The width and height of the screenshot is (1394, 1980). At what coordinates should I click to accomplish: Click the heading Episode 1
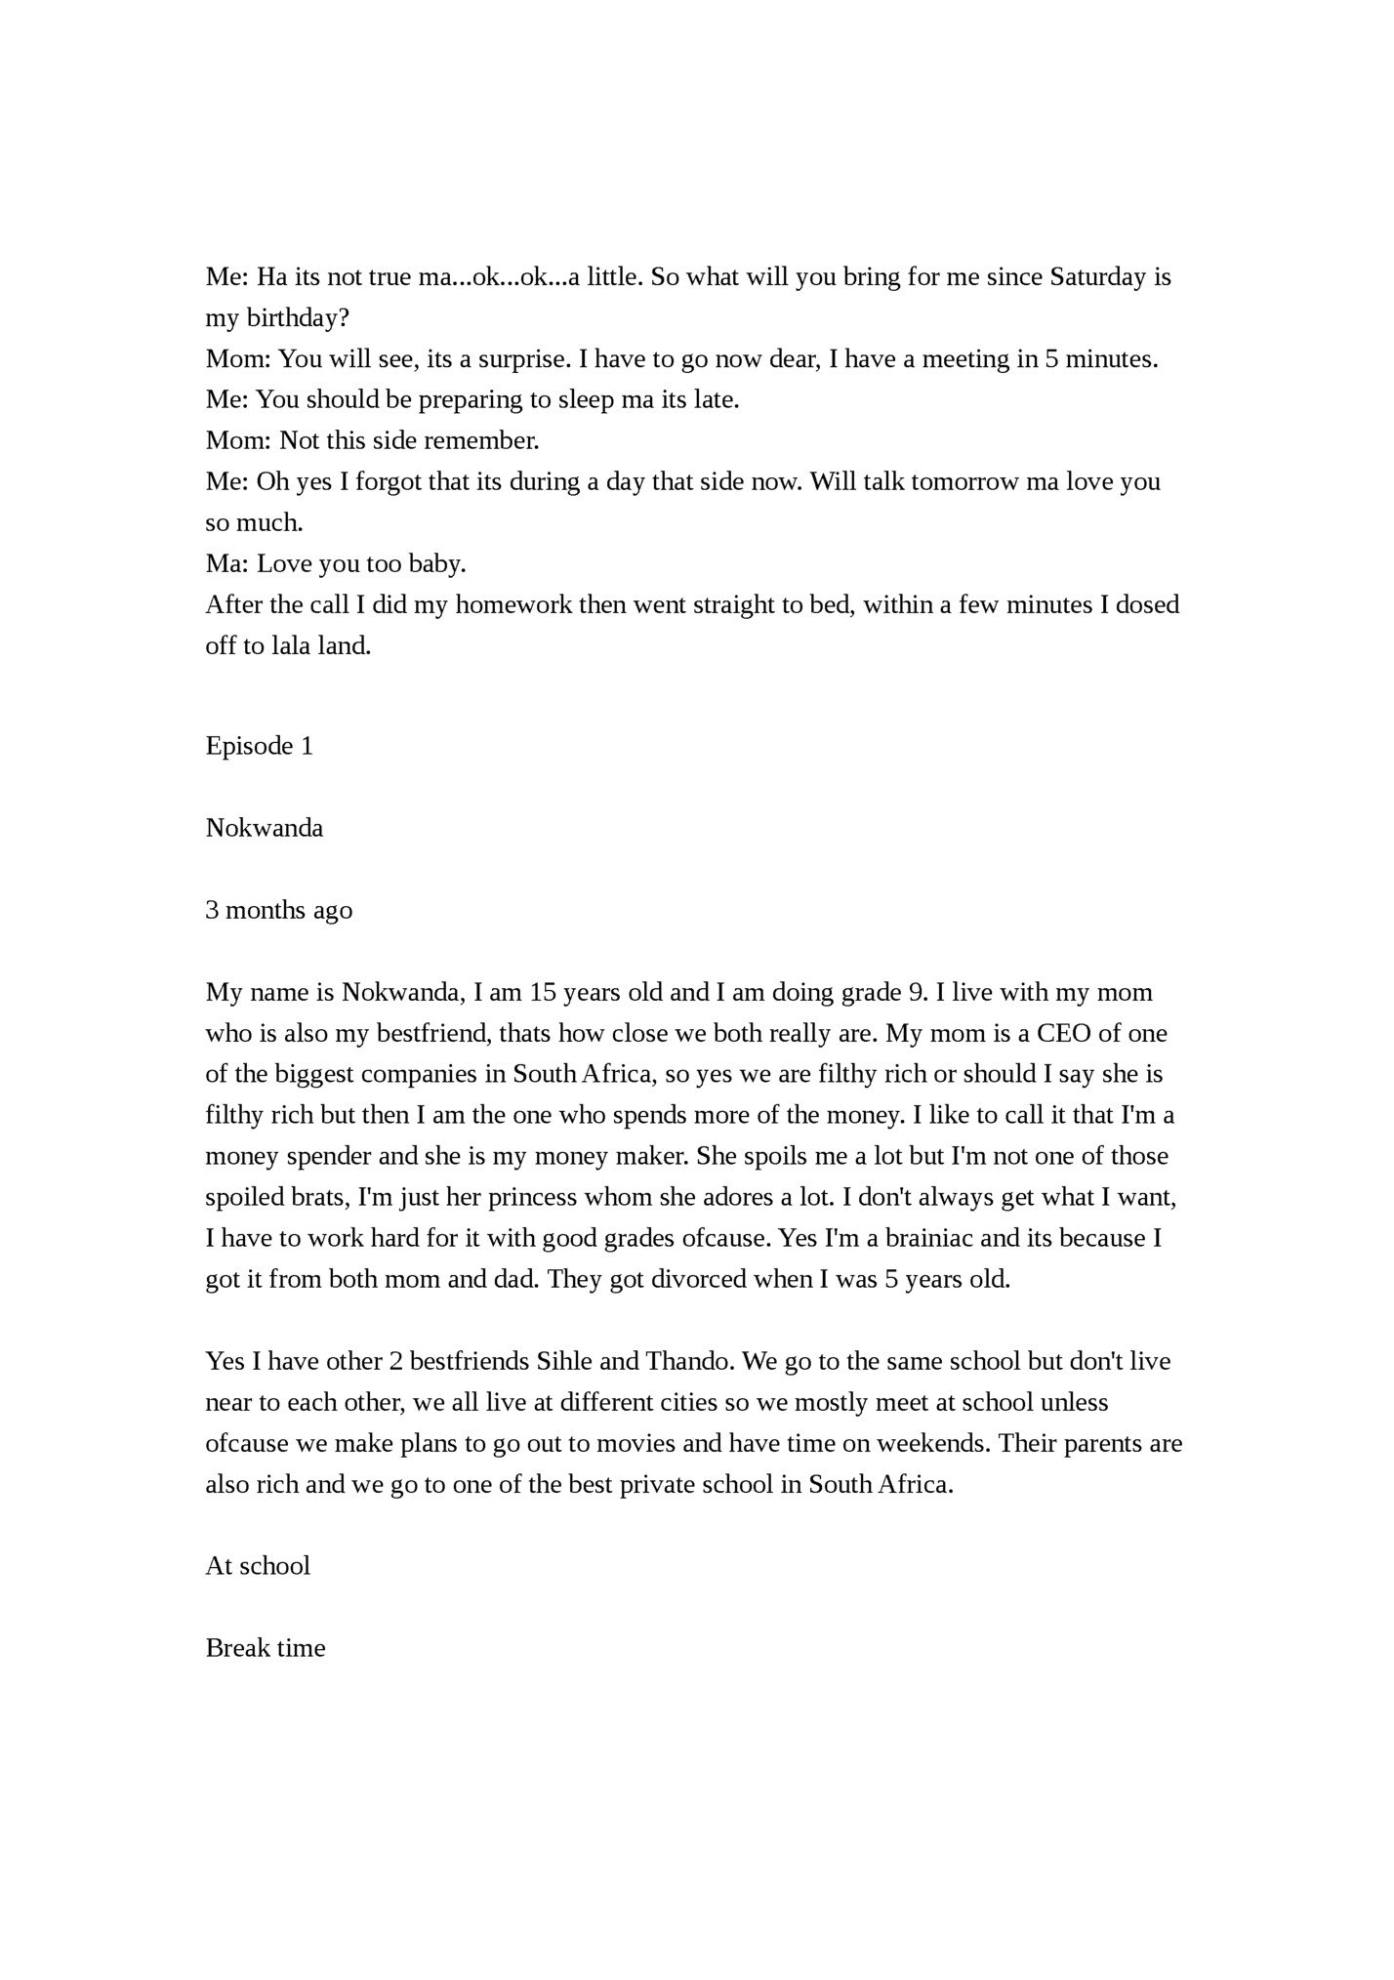(x=259, y=746)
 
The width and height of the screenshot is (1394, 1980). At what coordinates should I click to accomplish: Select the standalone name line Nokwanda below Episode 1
(x=264, y=828)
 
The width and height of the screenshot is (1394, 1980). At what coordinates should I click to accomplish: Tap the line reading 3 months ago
(x=278, y=910)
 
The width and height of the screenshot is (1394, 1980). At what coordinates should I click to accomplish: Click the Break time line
(x=265, y=1648)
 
